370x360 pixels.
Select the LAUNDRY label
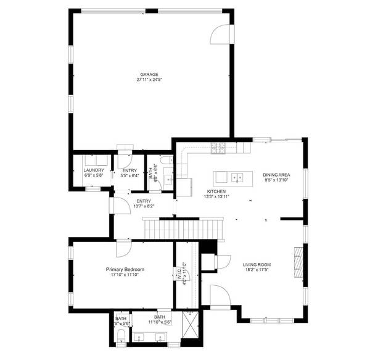(x=94, y=170)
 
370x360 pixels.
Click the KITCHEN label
(x=216, y=191)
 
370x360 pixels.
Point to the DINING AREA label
(x=276, y=175)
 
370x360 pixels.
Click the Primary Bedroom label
(x=125, y=269)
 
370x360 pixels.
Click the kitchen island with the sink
(x=233, y=178)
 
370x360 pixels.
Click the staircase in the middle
(x=183, y=230)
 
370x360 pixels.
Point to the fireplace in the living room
(x=299, y=264)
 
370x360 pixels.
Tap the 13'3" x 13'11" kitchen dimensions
(x=216, y=197)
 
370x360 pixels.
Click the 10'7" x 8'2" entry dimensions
(x=143, y=206)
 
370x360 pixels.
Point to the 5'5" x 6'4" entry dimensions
(x=130, y=175)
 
